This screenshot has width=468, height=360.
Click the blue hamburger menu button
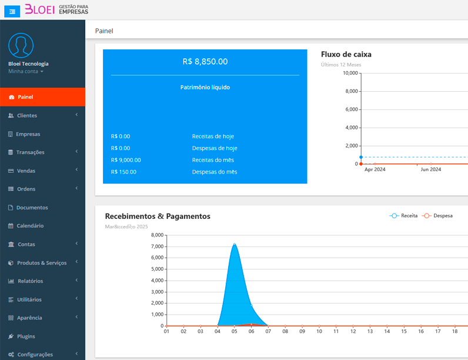(x=12, y=11)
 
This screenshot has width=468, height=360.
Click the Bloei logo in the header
(x=56, y=9)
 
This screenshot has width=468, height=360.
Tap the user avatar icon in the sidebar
(x=21, y=45)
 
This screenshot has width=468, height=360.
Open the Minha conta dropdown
(x=26, y=72)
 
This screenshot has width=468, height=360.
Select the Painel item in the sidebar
(x=25, y=97)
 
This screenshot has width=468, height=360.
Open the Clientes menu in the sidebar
(x=27, y=116)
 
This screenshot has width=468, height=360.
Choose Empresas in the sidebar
(x=28, y=134)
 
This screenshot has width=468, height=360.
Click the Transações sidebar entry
(x=30, y=152)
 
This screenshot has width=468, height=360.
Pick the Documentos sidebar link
(x=32, y=208)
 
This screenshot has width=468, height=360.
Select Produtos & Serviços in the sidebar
(x=41, y=263)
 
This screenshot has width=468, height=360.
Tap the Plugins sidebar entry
(x=26, y=336)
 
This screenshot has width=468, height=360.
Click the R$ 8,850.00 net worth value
(x=205, y=61)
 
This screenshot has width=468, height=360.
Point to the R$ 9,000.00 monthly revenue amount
(x=126, y=160)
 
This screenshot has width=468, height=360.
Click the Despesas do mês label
(x=215, y=172)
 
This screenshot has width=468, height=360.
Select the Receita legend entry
(x=404, y=216)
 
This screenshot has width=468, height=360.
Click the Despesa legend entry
(x=438, y=216)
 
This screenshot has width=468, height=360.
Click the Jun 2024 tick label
(x=430, y=169)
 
